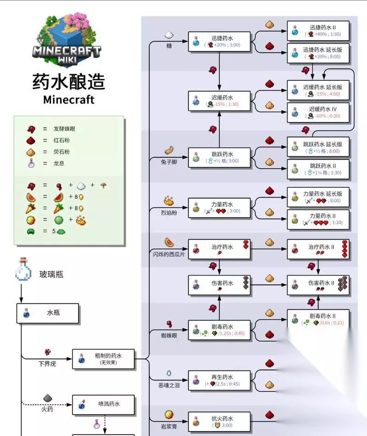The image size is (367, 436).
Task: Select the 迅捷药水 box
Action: click(x=220, y=41)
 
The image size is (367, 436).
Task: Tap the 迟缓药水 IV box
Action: click(x=318, y=112)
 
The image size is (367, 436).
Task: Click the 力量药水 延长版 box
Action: click(x=318, y=197)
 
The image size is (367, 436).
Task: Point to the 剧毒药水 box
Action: click(x=220, y=330)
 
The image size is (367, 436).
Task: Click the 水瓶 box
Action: click(x=48, y=313)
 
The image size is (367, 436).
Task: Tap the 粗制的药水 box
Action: click(x=103, y=358)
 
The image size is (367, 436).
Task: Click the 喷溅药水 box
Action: click(x=103, y=405)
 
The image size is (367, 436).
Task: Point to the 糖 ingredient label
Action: click(x=169, y=46)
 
